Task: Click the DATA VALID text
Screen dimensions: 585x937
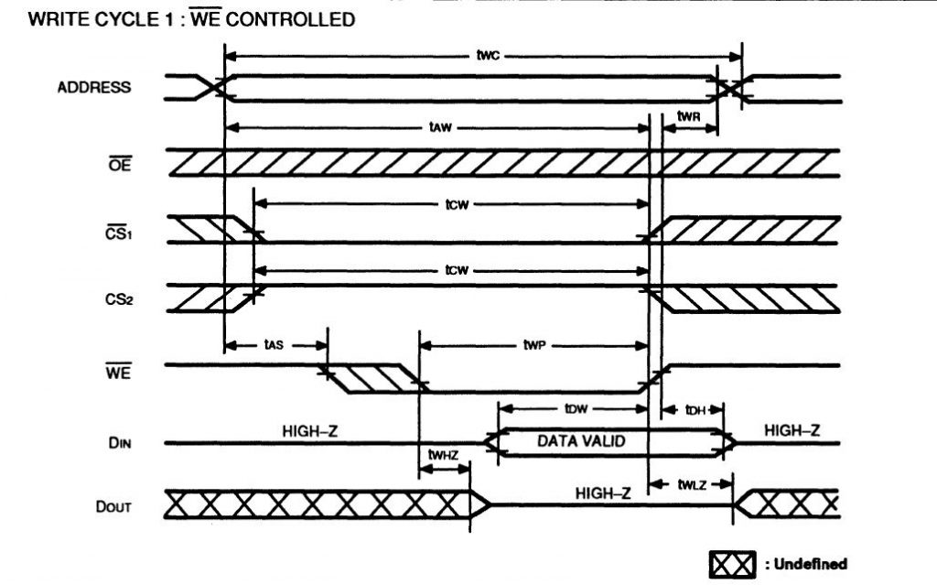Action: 580,441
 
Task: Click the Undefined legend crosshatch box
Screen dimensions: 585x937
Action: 730,563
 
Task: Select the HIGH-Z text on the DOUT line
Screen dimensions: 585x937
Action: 603,493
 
